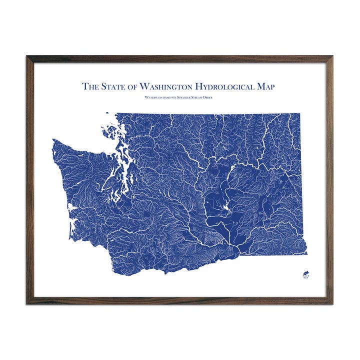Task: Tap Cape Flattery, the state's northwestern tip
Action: pyautogui.click(x=53, y=141)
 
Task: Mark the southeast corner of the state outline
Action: pyautogui.click(x=306, y=252)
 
